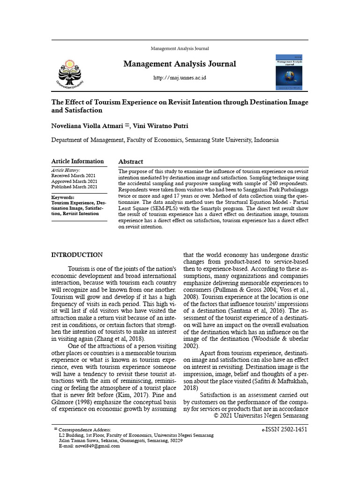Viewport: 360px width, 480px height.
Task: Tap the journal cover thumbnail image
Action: tap(289, 72)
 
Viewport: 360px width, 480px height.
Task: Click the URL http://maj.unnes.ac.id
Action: tap(180, 77)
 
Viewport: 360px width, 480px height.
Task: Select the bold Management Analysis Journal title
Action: tap(180, 64)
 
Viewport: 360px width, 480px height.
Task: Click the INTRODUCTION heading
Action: tap(77, 255)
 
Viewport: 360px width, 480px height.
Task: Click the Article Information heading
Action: tap(77, 161)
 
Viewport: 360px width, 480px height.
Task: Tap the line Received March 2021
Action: tap(74, 176)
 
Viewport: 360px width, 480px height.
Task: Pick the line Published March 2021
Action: tap(75, 187)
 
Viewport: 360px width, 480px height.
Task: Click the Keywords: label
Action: tap(63, 197)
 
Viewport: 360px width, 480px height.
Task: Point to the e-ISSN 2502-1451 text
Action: tap(284, 429)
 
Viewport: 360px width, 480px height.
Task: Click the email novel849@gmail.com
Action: tap(97, 446)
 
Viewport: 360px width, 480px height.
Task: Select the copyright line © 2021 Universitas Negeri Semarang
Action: tap(261, 416)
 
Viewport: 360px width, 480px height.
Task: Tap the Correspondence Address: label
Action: tap(85, 430)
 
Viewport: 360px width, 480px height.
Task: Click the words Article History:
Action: tap(66, 170)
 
